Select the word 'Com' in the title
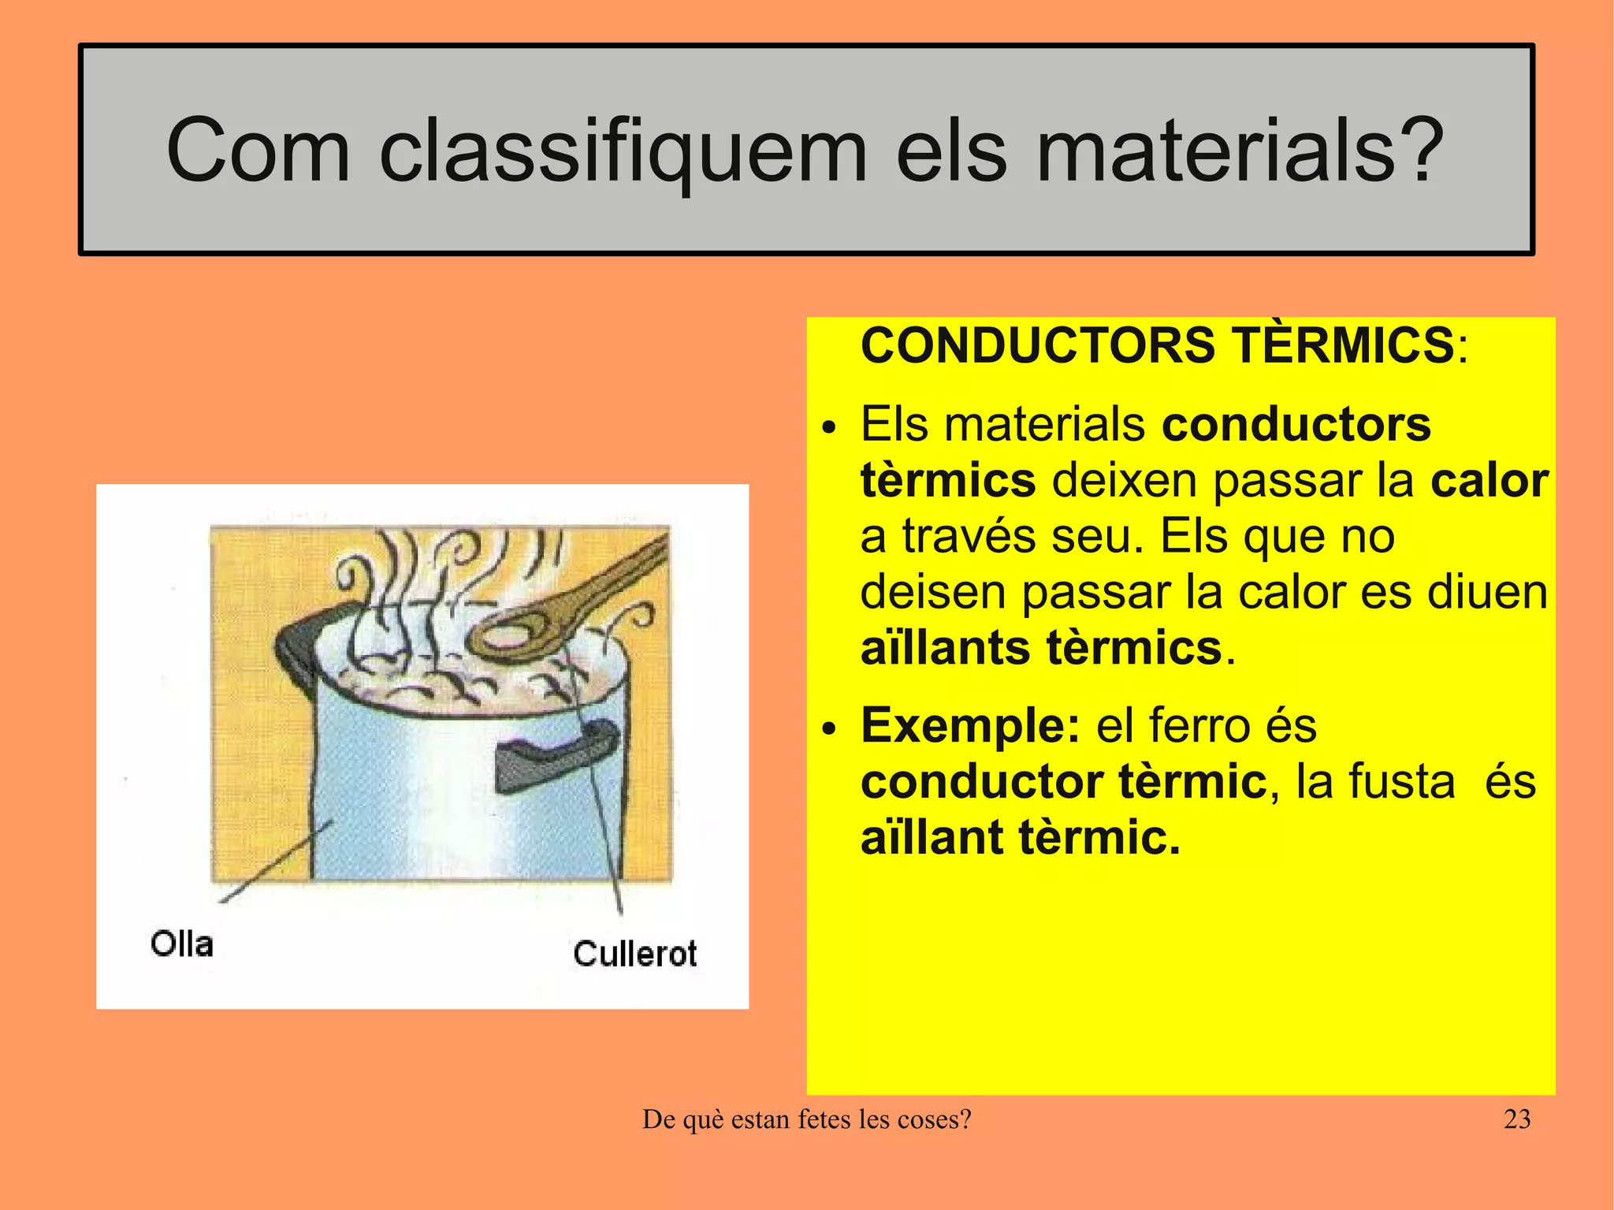click(258, 150)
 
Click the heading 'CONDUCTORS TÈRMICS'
click(1157, 345)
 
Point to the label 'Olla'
click(182, 944)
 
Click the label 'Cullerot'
click(635, 954)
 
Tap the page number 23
click(1517, 1119)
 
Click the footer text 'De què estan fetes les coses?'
click(807, 1119)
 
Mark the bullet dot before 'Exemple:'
click(827, 729)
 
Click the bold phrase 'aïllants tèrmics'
click(1040, 649)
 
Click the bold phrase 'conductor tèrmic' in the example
click(1063, 781)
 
